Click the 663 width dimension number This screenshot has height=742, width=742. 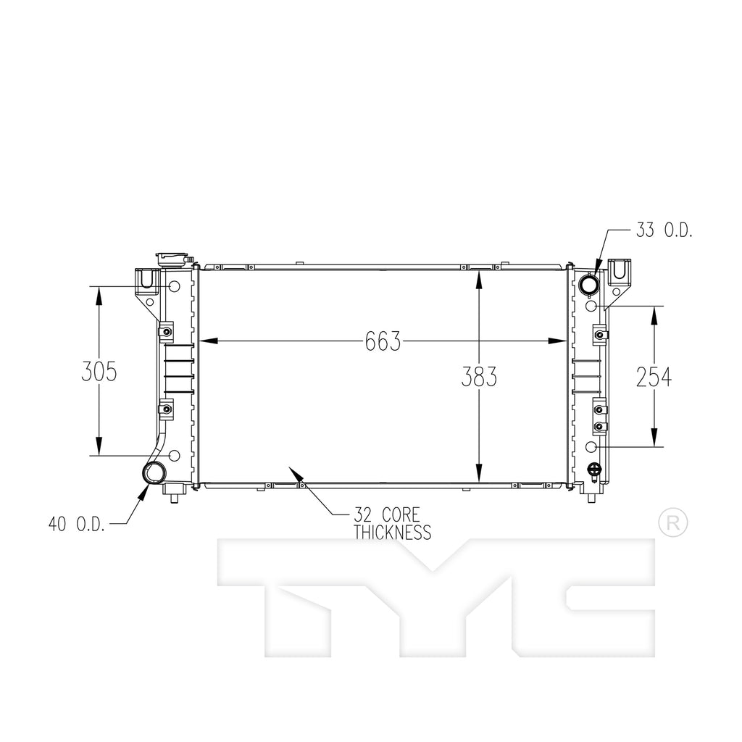[383, 341]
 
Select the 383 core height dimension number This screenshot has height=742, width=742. [479, 377]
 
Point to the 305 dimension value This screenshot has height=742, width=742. [99, 371]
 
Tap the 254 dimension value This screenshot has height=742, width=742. [654, 377]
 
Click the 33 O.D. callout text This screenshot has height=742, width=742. [664, 230]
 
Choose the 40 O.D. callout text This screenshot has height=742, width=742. [77, 524]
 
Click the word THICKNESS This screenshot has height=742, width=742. [392, 533]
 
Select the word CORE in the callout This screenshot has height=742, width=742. [400, 515]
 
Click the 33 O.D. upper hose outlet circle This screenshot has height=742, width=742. [590, 285]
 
